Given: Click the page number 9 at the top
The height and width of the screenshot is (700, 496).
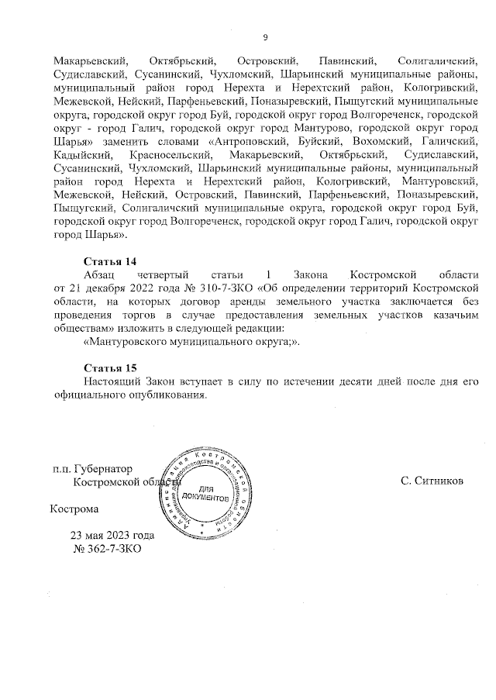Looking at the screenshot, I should tap(266, 36).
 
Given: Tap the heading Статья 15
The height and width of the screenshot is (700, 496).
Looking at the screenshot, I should tap(110, 367).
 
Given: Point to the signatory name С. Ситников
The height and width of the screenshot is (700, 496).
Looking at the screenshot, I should tap(432, 481).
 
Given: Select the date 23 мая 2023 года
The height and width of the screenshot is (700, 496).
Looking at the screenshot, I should tap(112, 536).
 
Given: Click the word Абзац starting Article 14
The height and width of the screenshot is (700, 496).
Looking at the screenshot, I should tap(99, 275).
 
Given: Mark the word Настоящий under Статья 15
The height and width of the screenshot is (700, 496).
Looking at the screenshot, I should tap(113, 381).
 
